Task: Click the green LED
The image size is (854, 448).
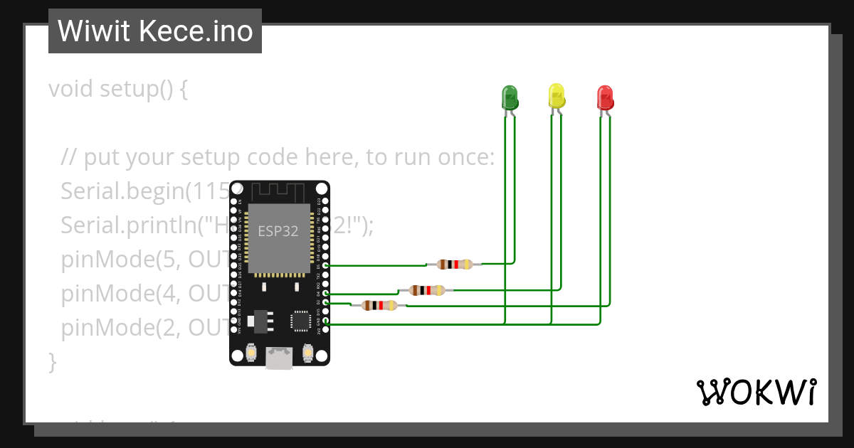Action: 510,97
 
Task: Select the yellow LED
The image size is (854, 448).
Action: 557,95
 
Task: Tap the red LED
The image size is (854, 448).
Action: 605,97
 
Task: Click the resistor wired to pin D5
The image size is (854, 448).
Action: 454,265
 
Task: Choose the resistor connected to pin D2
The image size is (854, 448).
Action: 379,305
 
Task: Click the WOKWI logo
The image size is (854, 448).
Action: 756,392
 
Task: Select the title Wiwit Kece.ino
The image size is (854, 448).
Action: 155,31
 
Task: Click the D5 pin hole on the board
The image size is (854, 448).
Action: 326,265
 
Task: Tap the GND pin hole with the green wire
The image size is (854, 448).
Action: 326,321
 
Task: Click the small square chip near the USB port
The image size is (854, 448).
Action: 299,321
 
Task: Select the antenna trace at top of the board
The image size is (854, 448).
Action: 279,192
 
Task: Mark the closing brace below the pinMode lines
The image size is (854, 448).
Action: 52,361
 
